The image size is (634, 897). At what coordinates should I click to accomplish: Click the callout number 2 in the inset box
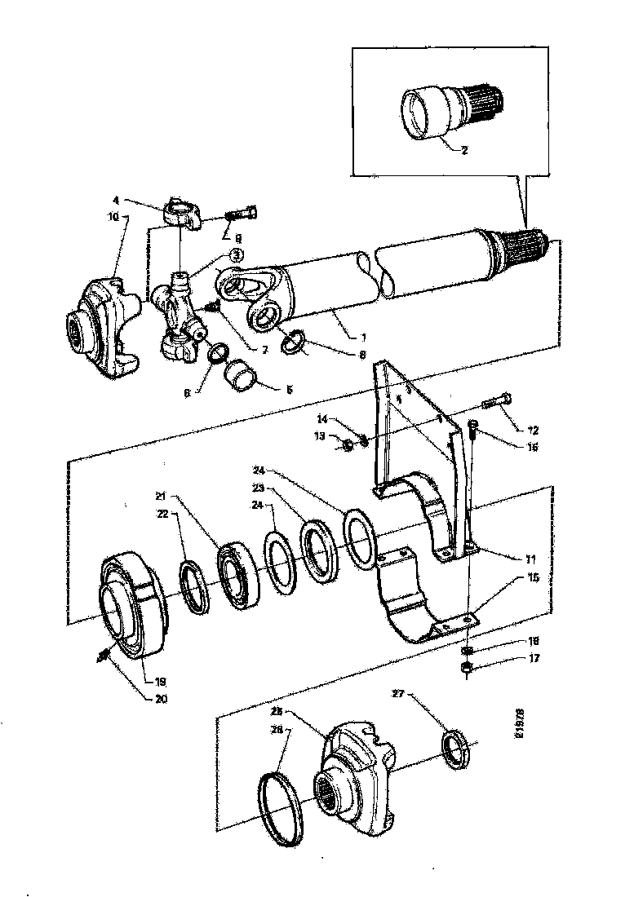pos(463,150)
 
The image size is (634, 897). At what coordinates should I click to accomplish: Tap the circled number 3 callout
pos(236,255)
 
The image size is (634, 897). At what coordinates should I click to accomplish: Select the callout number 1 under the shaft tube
pos(352,337)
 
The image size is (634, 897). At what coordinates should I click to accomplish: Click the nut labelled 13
pos(346,444)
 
